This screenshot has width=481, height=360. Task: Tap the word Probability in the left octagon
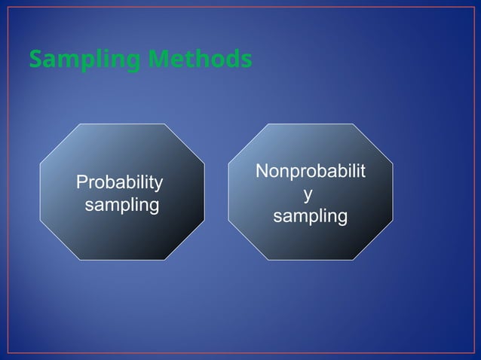click(x=119, y=182)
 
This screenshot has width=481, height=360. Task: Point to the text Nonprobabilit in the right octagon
click(x=311, y=172)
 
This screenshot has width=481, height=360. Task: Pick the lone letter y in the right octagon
click(x=306, y=194)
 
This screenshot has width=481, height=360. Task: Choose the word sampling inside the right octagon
click(x=310, y=217)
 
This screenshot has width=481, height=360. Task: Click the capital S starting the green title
click(x=35, y=59)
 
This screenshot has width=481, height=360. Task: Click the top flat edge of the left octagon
click(x=123, y=124)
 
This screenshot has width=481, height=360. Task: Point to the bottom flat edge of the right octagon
click(x=310, y=260)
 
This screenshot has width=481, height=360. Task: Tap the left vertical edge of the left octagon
click(x=40, y=192)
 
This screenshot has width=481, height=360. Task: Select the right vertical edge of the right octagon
click(x=393, y=192)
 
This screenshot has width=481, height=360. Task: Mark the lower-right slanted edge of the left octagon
click(x=185, y=239)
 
